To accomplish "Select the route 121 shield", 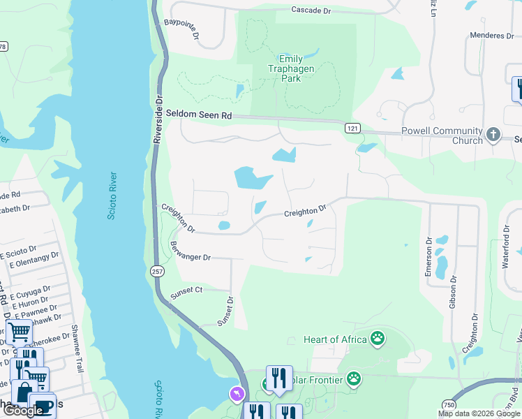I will (352, 128).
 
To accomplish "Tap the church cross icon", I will (493, 134).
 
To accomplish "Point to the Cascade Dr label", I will (311, 10).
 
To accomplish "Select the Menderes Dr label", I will (497, 36).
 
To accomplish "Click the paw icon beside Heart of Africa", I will (378, 339).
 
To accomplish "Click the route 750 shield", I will (449, 405).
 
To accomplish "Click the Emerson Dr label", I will (428, 256).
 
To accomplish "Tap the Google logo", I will (23, 411).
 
